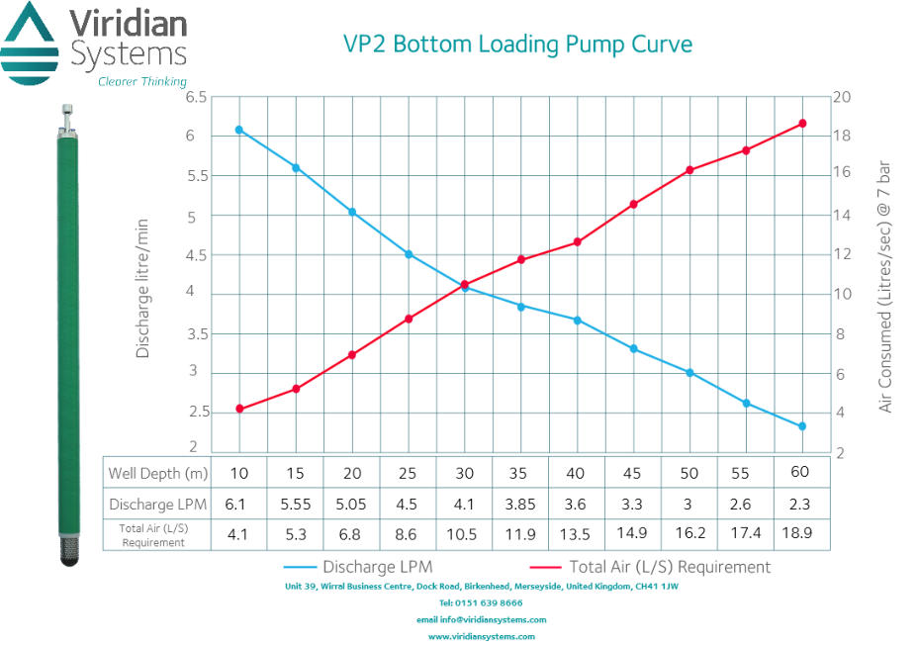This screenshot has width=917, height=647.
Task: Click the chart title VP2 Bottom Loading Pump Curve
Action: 517,44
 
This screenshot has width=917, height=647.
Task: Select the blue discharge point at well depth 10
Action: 238,130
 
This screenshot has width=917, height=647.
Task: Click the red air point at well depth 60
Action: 802,124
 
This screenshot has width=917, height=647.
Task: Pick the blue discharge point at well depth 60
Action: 802,426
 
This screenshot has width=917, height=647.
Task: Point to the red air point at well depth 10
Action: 238,409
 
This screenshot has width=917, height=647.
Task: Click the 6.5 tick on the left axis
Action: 196,97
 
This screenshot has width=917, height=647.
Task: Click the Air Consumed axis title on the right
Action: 884,287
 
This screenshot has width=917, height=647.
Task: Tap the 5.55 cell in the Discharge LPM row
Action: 295,504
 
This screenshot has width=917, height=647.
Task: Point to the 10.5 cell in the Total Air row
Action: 464,535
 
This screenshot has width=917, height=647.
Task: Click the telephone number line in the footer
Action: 481,602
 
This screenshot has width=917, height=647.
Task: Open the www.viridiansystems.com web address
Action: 481,636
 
